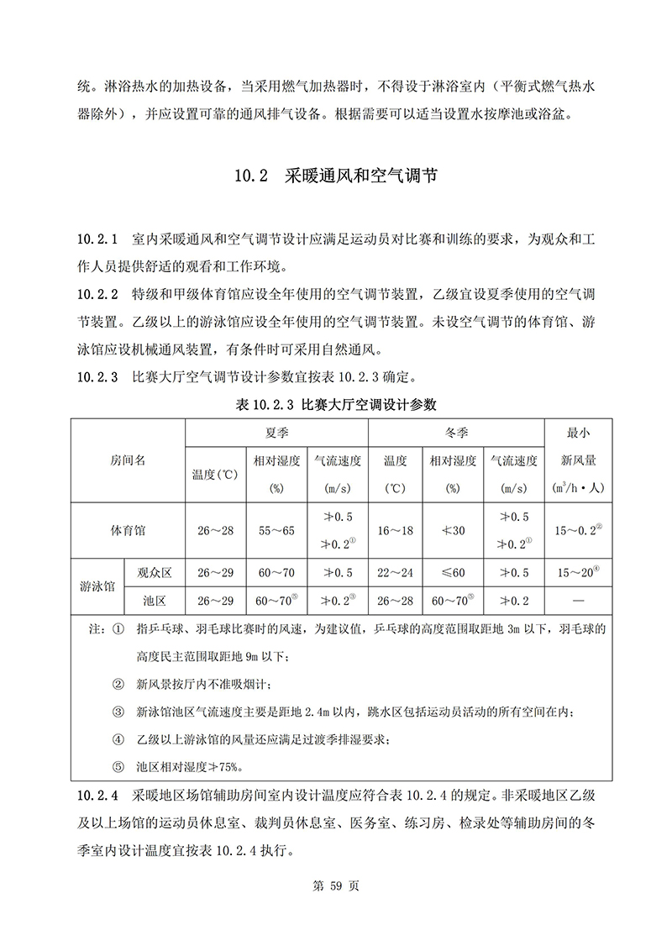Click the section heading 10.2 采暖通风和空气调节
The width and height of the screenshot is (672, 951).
pos(336,176)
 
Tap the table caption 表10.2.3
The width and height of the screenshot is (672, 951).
pos(336,404)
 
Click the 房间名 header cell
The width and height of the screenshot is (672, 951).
pos(128,460)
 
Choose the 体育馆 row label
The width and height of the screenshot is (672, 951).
pos(128,531)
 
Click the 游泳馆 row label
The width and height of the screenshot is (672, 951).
pos(97,586)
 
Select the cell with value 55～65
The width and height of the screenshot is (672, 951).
pos(276,531)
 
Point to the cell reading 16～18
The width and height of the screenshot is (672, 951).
pos(396,531)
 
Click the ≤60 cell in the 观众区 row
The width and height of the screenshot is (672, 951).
pos(453,573)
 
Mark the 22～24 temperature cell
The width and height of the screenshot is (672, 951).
pos(396,573)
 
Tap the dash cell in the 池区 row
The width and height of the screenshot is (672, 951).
pos(578,601)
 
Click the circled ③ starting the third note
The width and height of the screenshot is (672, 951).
pos(118,712)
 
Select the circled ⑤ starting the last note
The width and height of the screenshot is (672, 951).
pos(118,766)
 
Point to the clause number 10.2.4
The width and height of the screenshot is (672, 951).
pos(98,795)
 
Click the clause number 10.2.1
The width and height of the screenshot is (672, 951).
pos(98,241)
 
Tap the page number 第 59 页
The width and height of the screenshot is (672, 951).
pos(335,886)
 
